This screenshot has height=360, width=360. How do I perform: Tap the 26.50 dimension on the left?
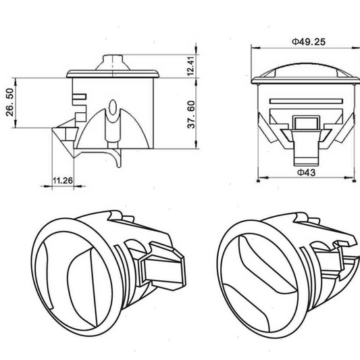click(9, 101)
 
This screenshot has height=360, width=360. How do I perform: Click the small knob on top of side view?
click(115, 61)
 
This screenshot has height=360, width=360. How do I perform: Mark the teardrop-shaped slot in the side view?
click(114, 108)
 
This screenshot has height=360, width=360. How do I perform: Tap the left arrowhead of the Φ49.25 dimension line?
click(253, 48)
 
